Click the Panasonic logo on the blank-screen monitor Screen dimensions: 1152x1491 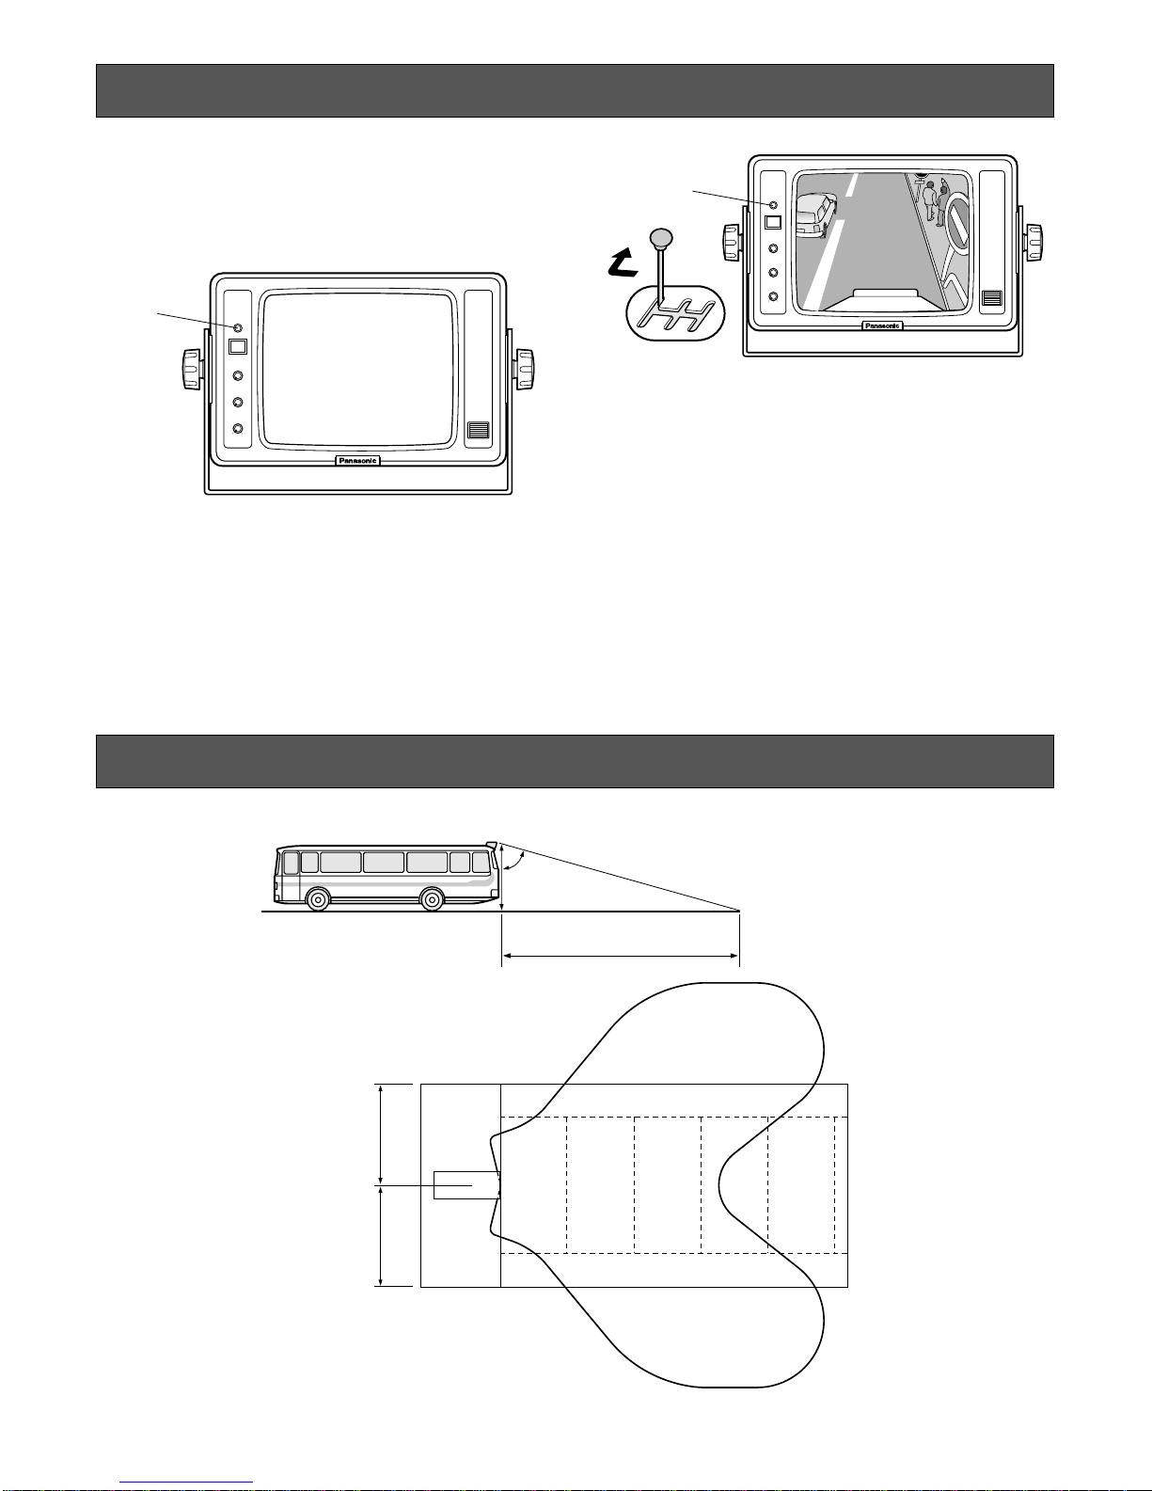(358, 460)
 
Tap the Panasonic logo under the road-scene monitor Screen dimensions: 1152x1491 (882, 325)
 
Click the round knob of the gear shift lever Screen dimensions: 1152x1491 (661, 239)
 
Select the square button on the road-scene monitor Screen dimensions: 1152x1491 (773, 222)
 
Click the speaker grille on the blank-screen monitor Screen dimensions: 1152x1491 (478, 430)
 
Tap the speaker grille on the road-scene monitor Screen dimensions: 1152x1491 (991, 298)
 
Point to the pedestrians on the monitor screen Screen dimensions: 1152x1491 (937, 200)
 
